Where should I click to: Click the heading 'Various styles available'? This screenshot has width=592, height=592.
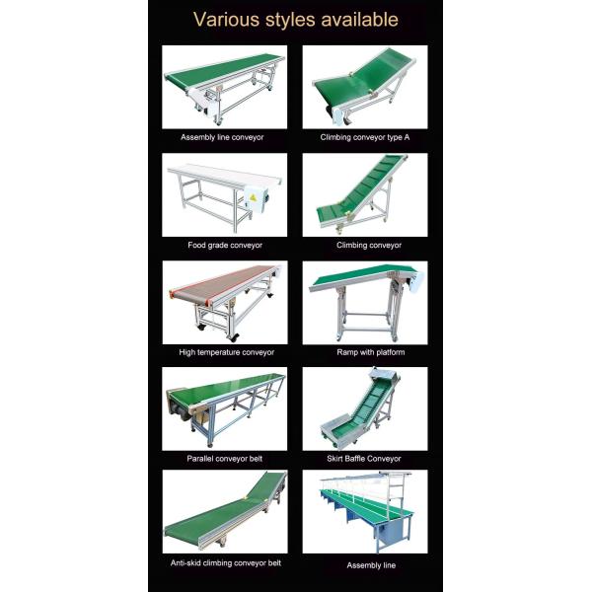[x=296, y=20]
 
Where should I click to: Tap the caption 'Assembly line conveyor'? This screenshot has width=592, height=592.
[x=222, y=137]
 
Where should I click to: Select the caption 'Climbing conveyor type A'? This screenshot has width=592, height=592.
[x=365, y=137]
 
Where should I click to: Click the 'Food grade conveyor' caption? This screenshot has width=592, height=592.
[x=225, y=245]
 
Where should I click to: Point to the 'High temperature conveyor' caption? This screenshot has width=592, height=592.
[x=227, y=352]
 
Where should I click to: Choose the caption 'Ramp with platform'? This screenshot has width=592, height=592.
[x=371, y=352]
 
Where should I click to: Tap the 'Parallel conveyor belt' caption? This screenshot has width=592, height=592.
[x=225, y=459]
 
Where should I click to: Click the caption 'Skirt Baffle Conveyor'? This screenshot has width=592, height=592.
[x=364, y=459]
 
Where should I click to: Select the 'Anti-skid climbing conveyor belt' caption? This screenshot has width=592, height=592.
[x=226, y=563]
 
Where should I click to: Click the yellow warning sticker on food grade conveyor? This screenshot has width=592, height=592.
[x=253, y=197]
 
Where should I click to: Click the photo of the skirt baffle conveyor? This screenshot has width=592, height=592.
[x=365, y=408]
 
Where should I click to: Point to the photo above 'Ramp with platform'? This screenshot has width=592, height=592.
[x=365, y=303]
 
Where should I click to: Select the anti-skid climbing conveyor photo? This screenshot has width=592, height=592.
[x=225, y=511]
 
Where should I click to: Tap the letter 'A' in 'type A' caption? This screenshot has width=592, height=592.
[x=407, y=137]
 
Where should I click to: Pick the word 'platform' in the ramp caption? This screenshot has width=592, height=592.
[x=391, y=352]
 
